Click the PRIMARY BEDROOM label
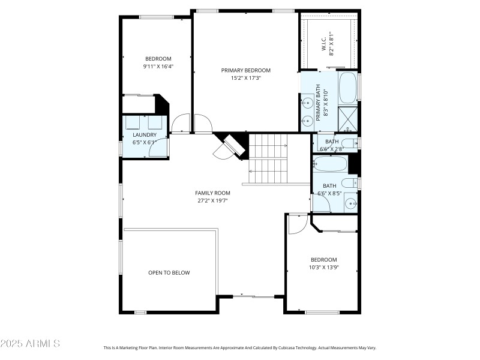[245, 70]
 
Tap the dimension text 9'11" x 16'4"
[158, 67]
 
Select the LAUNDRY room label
[145, 135]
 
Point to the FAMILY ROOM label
[212, 193]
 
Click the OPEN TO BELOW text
[169, 272]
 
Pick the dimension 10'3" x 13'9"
[323, 267]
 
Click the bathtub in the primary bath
[347, 88]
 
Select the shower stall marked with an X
[347, 118]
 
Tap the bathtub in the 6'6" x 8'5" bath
[329, 164]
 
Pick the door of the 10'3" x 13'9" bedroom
[297, 224]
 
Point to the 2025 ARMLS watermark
[30, 344]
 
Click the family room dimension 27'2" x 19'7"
[212, 200]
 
